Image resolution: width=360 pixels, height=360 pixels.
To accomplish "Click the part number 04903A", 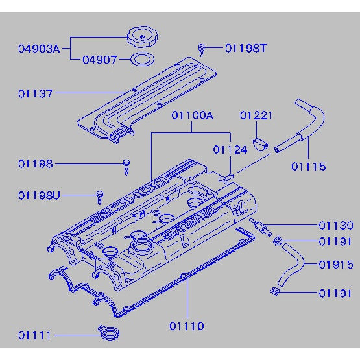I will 38,48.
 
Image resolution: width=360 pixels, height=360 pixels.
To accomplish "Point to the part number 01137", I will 36,93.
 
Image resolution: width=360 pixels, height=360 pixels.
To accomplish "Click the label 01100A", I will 192,116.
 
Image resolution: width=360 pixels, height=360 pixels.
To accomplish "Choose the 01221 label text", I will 256,116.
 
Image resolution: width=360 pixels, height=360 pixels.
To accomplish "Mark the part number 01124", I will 230,149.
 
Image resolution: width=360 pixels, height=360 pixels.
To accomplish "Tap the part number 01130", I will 335,226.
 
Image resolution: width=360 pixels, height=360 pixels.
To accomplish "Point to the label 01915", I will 335,265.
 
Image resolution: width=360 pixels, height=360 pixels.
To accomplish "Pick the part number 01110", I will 187,326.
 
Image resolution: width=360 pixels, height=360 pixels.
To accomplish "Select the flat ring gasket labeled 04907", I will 141,60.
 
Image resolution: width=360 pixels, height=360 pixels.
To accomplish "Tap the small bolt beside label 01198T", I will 202,49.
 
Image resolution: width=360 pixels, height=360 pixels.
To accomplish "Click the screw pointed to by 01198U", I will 100,195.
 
